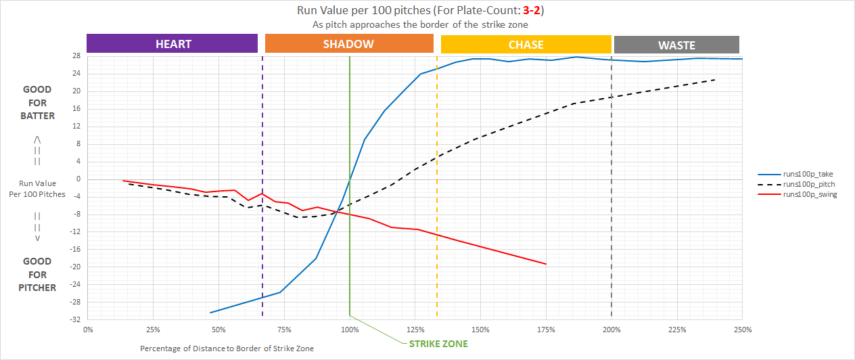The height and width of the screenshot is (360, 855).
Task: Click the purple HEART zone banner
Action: point(172,44)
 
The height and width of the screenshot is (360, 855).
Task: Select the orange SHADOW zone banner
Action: point(348,44)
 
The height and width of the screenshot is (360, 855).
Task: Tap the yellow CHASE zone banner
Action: point(526,45)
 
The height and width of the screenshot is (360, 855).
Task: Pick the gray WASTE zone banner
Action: point(676,45)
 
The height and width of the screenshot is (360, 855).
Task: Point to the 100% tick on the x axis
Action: point(350,330)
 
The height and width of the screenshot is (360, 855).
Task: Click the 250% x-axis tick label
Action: point(742,330)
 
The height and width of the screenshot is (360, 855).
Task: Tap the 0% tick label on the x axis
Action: point(88,330)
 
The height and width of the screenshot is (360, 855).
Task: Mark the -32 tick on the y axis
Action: point(76,319)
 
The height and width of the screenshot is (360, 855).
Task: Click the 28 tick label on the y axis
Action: point(78,56)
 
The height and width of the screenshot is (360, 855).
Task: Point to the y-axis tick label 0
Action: point(79,179)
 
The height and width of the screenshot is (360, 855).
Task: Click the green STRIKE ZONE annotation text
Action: point(438,344)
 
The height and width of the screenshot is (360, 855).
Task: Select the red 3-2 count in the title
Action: point(532,11)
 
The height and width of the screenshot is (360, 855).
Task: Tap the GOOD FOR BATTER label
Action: point(38,103)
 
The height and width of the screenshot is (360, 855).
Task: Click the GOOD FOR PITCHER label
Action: point(38,275)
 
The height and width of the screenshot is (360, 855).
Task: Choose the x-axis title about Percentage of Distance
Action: point(227,348)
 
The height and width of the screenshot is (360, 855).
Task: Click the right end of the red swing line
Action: point(546,264)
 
